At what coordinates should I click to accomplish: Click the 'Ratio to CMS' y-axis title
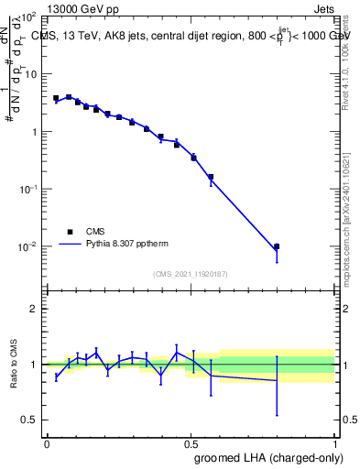14,376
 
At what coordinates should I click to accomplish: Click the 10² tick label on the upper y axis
28,17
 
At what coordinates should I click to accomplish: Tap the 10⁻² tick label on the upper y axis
28,247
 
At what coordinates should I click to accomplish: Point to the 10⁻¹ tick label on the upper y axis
28,190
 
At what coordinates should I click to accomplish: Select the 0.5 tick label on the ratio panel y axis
31,420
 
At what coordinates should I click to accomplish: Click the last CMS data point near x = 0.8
277,246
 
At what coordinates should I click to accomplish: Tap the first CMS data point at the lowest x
56,98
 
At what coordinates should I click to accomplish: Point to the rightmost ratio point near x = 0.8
277,380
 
